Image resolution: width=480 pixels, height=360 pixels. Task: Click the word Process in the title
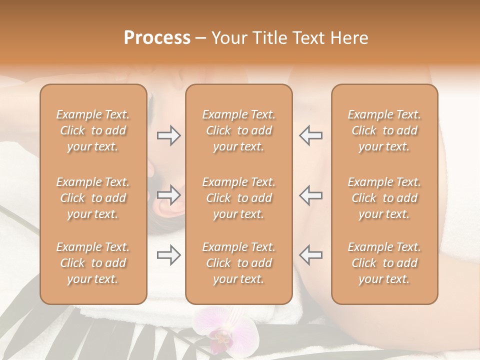pyautogui.click(x=157, y=38)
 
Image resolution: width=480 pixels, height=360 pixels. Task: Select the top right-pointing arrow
pyautogui.click(x=168, y=135)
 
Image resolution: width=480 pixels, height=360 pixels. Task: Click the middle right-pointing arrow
pyautogui.click(x=168, y=195)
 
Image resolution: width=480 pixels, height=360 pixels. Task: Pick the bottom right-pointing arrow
pyautogui.click(x=168, y=255)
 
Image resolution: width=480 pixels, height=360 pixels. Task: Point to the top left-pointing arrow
pyautogui.click(x=310, y=135)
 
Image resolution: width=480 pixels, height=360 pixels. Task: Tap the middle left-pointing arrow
pyautogui.click(x=310, y=195)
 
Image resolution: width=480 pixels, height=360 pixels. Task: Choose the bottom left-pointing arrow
pyautogui.click(x=310, y=255)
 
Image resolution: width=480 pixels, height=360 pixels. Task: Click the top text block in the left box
pyautogui.click(x=93, y=130)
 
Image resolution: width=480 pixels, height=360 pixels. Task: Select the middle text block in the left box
pyautogui.click(x=93, y=198)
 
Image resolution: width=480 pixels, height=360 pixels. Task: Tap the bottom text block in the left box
pyautogui.click(x=93, y=263)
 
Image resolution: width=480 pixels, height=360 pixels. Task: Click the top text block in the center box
pyautogui.click(x=239, y=130)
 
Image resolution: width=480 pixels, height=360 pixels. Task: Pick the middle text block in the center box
pyautogui.click(x=239, y=198)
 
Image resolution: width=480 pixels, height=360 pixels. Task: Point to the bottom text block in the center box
pyautogui.click(x=239, y=263)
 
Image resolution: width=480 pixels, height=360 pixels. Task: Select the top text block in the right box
pyautogui.click(x=384, y=130)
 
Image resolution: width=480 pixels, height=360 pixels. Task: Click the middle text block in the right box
pyautogui.click(x=384, y=198)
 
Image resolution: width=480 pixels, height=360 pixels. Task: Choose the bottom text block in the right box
pyautogui.click(x=384, y=263)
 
